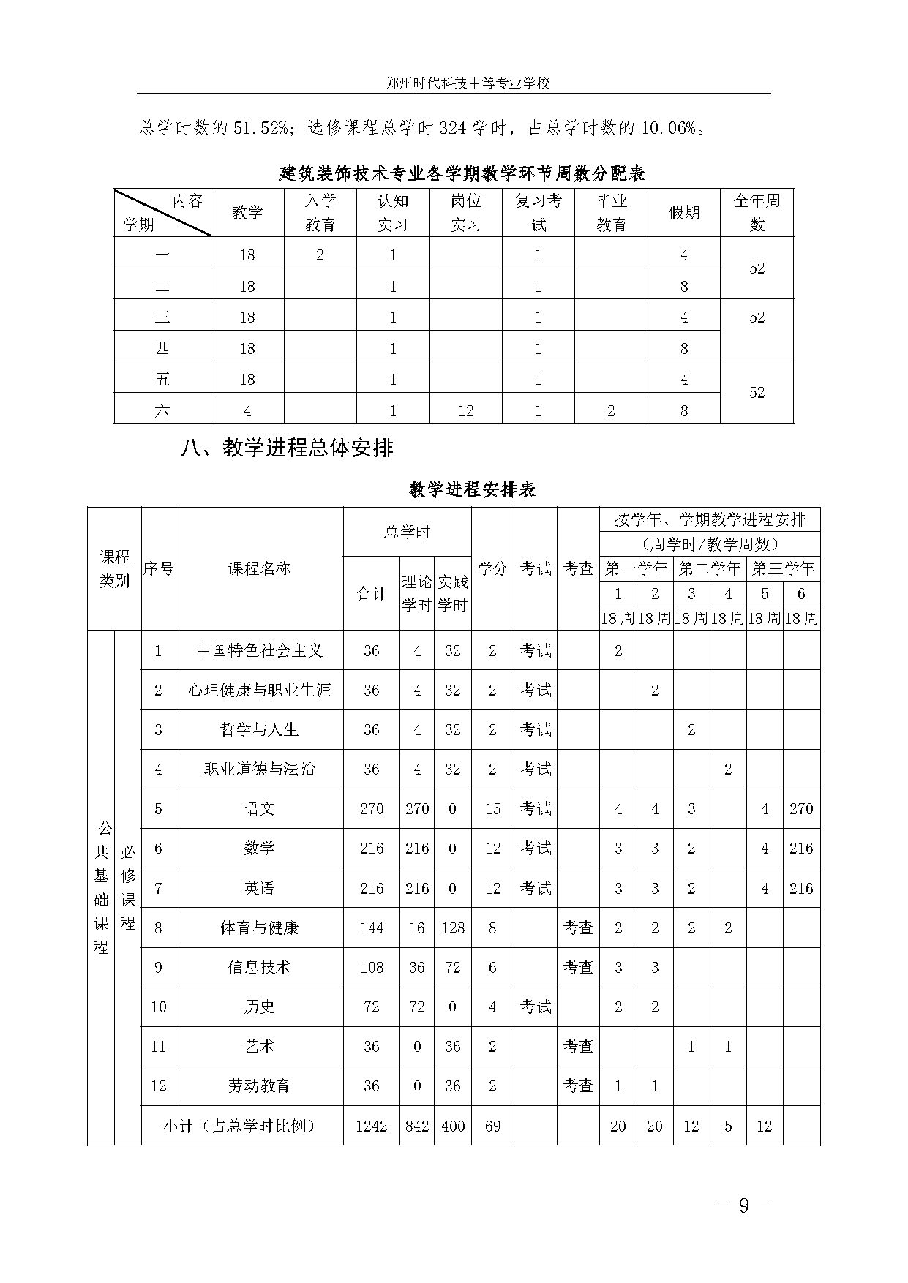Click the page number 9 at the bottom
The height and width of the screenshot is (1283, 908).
coord(743,1205)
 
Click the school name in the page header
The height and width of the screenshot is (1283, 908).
coord(468,83)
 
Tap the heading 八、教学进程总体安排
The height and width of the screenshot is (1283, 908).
coord(287,448)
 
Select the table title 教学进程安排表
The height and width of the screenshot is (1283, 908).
coord(472,489)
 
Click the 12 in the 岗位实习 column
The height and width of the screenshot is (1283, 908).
coord(465,411)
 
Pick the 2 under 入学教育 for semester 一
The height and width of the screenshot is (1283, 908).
coord(320,255)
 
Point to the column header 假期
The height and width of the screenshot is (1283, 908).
coord(683,213)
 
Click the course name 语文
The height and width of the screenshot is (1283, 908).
coord(259,809)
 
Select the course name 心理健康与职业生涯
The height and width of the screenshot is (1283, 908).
coord(259,690)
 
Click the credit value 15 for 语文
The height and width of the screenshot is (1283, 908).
coord(492,809)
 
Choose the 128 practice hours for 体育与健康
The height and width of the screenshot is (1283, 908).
coord(453,928)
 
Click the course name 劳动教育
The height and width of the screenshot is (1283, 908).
coord(259,1086)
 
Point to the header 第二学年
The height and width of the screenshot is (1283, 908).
coord(709,568)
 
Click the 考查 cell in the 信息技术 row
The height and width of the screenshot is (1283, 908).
coord(578,968)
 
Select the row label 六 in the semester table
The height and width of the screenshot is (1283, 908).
coord(162,411)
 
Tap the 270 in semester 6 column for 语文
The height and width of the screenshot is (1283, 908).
coord(801,809)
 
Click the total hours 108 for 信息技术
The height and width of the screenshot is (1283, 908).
coord(371,968)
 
